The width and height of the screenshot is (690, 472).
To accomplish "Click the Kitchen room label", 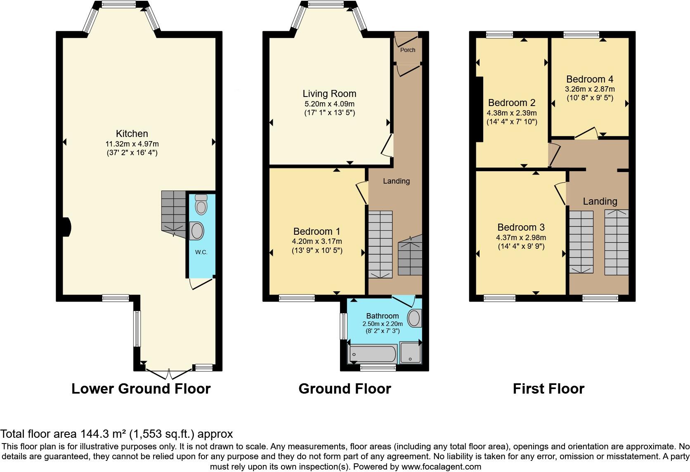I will pyautogui.click(x=132, y=134).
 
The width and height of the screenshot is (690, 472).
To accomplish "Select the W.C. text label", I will pyautogui.click(x=201, y=252).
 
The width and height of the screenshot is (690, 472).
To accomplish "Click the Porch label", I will pyautogui.click(x=408, y=50).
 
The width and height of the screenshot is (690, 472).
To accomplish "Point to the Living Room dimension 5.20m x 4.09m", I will pyautogui.click(x=329, y=104).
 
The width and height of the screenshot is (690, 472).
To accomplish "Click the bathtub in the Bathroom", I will pyautogui.click(x=373, y=354).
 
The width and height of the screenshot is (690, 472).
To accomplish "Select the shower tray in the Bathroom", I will pyautogui.click(x=410, y=353).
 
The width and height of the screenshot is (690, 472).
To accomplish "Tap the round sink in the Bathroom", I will pyautogui.click(x=414, y=319).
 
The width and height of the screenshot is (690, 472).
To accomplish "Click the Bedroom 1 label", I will pyautogui.click(x=317, y=231).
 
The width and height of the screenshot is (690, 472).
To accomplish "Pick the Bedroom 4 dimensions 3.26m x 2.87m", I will pyautogui.click(x=589, y=89).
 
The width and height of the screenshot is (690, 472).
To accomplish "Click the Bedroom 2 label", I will pyautogui.click(x=511, y=103).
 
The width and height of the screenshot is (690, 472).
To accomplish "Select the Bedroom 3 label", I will pyautogui.click(x=521, y=227).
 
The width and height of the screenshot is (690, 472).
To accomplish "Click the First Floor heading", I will pyautogui.click(x=548, y=389).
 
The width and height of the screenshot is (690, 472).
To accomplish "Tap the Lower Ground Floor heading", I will pyautogui.click(x=141, y=389).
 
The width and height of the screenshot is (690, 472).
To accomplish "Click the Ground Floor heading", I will pyautogui.click(x=345, y=389).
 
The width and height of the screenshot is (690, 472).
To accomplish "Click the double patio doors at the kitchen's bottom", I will pyautogui.click(x=169, y=374).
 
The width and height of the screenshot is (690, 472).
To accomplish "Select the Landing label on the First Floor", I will pyautogui.click(x=600, y=201).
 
